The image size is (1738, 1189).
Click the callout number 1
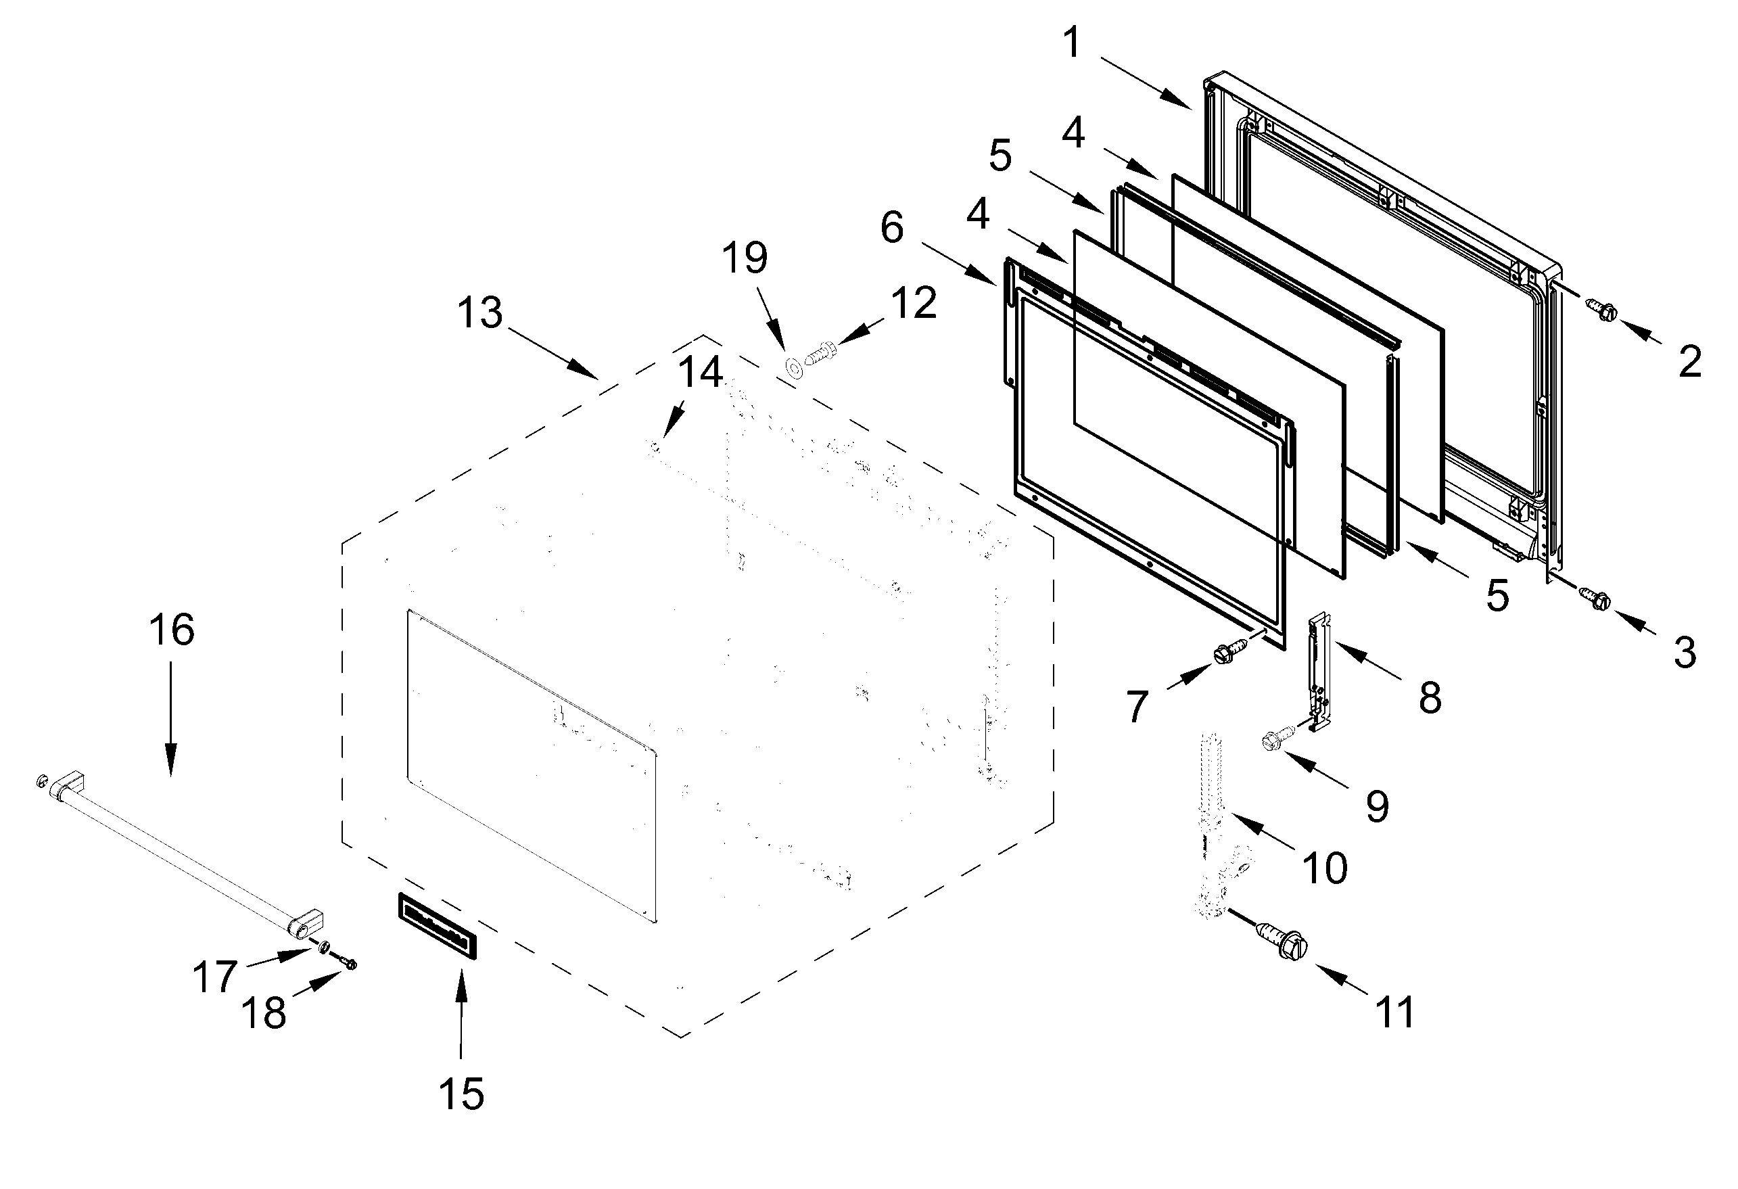tap(1072, 43)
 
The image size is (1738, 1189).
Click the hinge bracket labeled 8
tap(1320, 672)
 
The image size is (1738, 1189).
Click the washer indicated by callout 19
tap(793, 367)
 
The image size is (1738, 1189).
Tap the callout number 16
tap(172, 630)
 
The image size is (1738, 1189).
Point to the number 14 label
tap(701, 372)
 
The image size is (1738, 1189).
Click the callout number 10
tap(1324, 868)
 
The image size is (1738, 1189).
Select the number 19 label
tap(745, 257)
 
